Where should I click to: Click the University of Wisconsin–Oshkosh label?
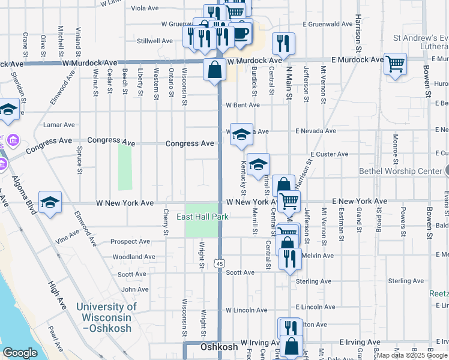107,312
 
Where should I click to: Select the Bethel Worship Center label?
400,171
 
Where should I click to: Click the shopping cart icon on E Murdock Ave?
395,64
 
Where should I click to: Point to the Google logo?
20,353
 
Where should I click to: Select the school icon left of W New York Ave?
50,203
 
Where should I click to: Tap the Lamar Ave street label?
59,125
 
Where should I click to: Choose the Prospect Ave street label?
130,242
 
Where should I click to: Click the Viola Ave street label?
145,8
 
